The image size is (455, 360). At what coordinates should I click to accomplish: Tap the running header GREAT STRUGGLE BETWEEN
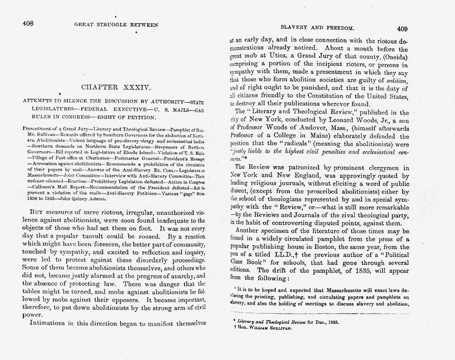(116, 25)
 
